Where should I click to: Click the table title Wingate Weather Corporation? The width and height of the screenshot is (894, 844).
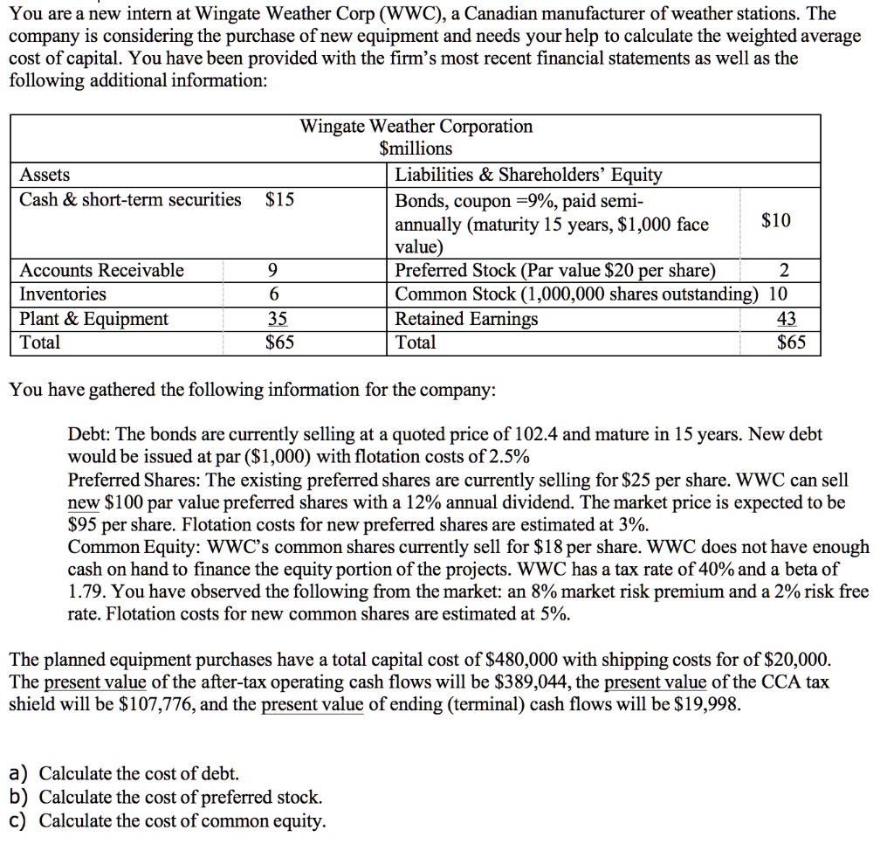pyautogui.click(x=416, y=127)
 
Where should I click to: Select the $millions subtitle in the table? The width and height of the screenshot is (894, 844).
pyautogui.click(x=416, y=149)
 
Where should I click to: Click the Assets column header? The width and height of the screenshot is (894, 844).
pyautogui.click(x=45, y=175)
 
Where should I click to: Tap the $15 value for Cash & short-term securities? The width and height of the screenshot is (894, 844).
pyautogui.click(x=279, y=200)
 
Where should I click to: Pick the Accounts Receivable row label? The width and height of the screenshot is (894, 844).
pyautogui.click(x=102, y=270)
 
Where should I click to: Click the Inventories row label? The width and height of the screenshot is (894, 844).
pyautogui.click(x=63, y=294)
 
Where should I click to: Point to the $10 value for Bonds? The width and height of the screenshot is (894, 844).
pyautogui.click(x=776, y=221)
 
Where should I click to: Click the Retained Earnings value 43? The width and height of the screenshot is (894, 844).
pyautogui.click(x=786, y=319)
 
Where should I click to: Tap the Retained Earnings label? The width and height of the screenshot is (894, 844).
pyautogui.click(x=467, y=319)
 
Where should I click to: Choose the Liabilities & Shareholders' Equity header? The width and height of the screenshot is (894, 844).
pyautogui.click(x=529, y=175)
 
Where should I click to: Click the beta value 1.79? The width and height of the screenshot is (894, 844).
pyautogui.click(x=87, y=591)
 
